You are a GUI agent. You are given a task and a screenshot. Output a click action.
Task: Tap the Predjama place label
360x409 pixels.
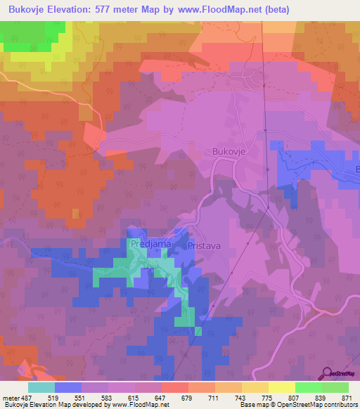point(146,244)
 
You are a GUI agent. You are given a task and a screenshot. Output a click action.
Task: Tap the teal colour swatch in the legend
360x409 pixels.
point(41,388)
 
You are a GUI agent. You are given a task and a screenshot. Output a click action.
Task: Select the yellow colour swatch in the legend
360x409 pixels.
point(281,388)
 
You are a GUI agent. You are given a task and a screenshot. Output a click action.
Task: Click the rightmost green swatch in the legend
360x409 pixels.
point(335,388)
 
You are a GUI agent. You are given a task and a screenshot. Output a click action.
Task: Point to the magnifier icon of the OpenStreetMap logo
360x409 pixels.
point(326,372)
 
